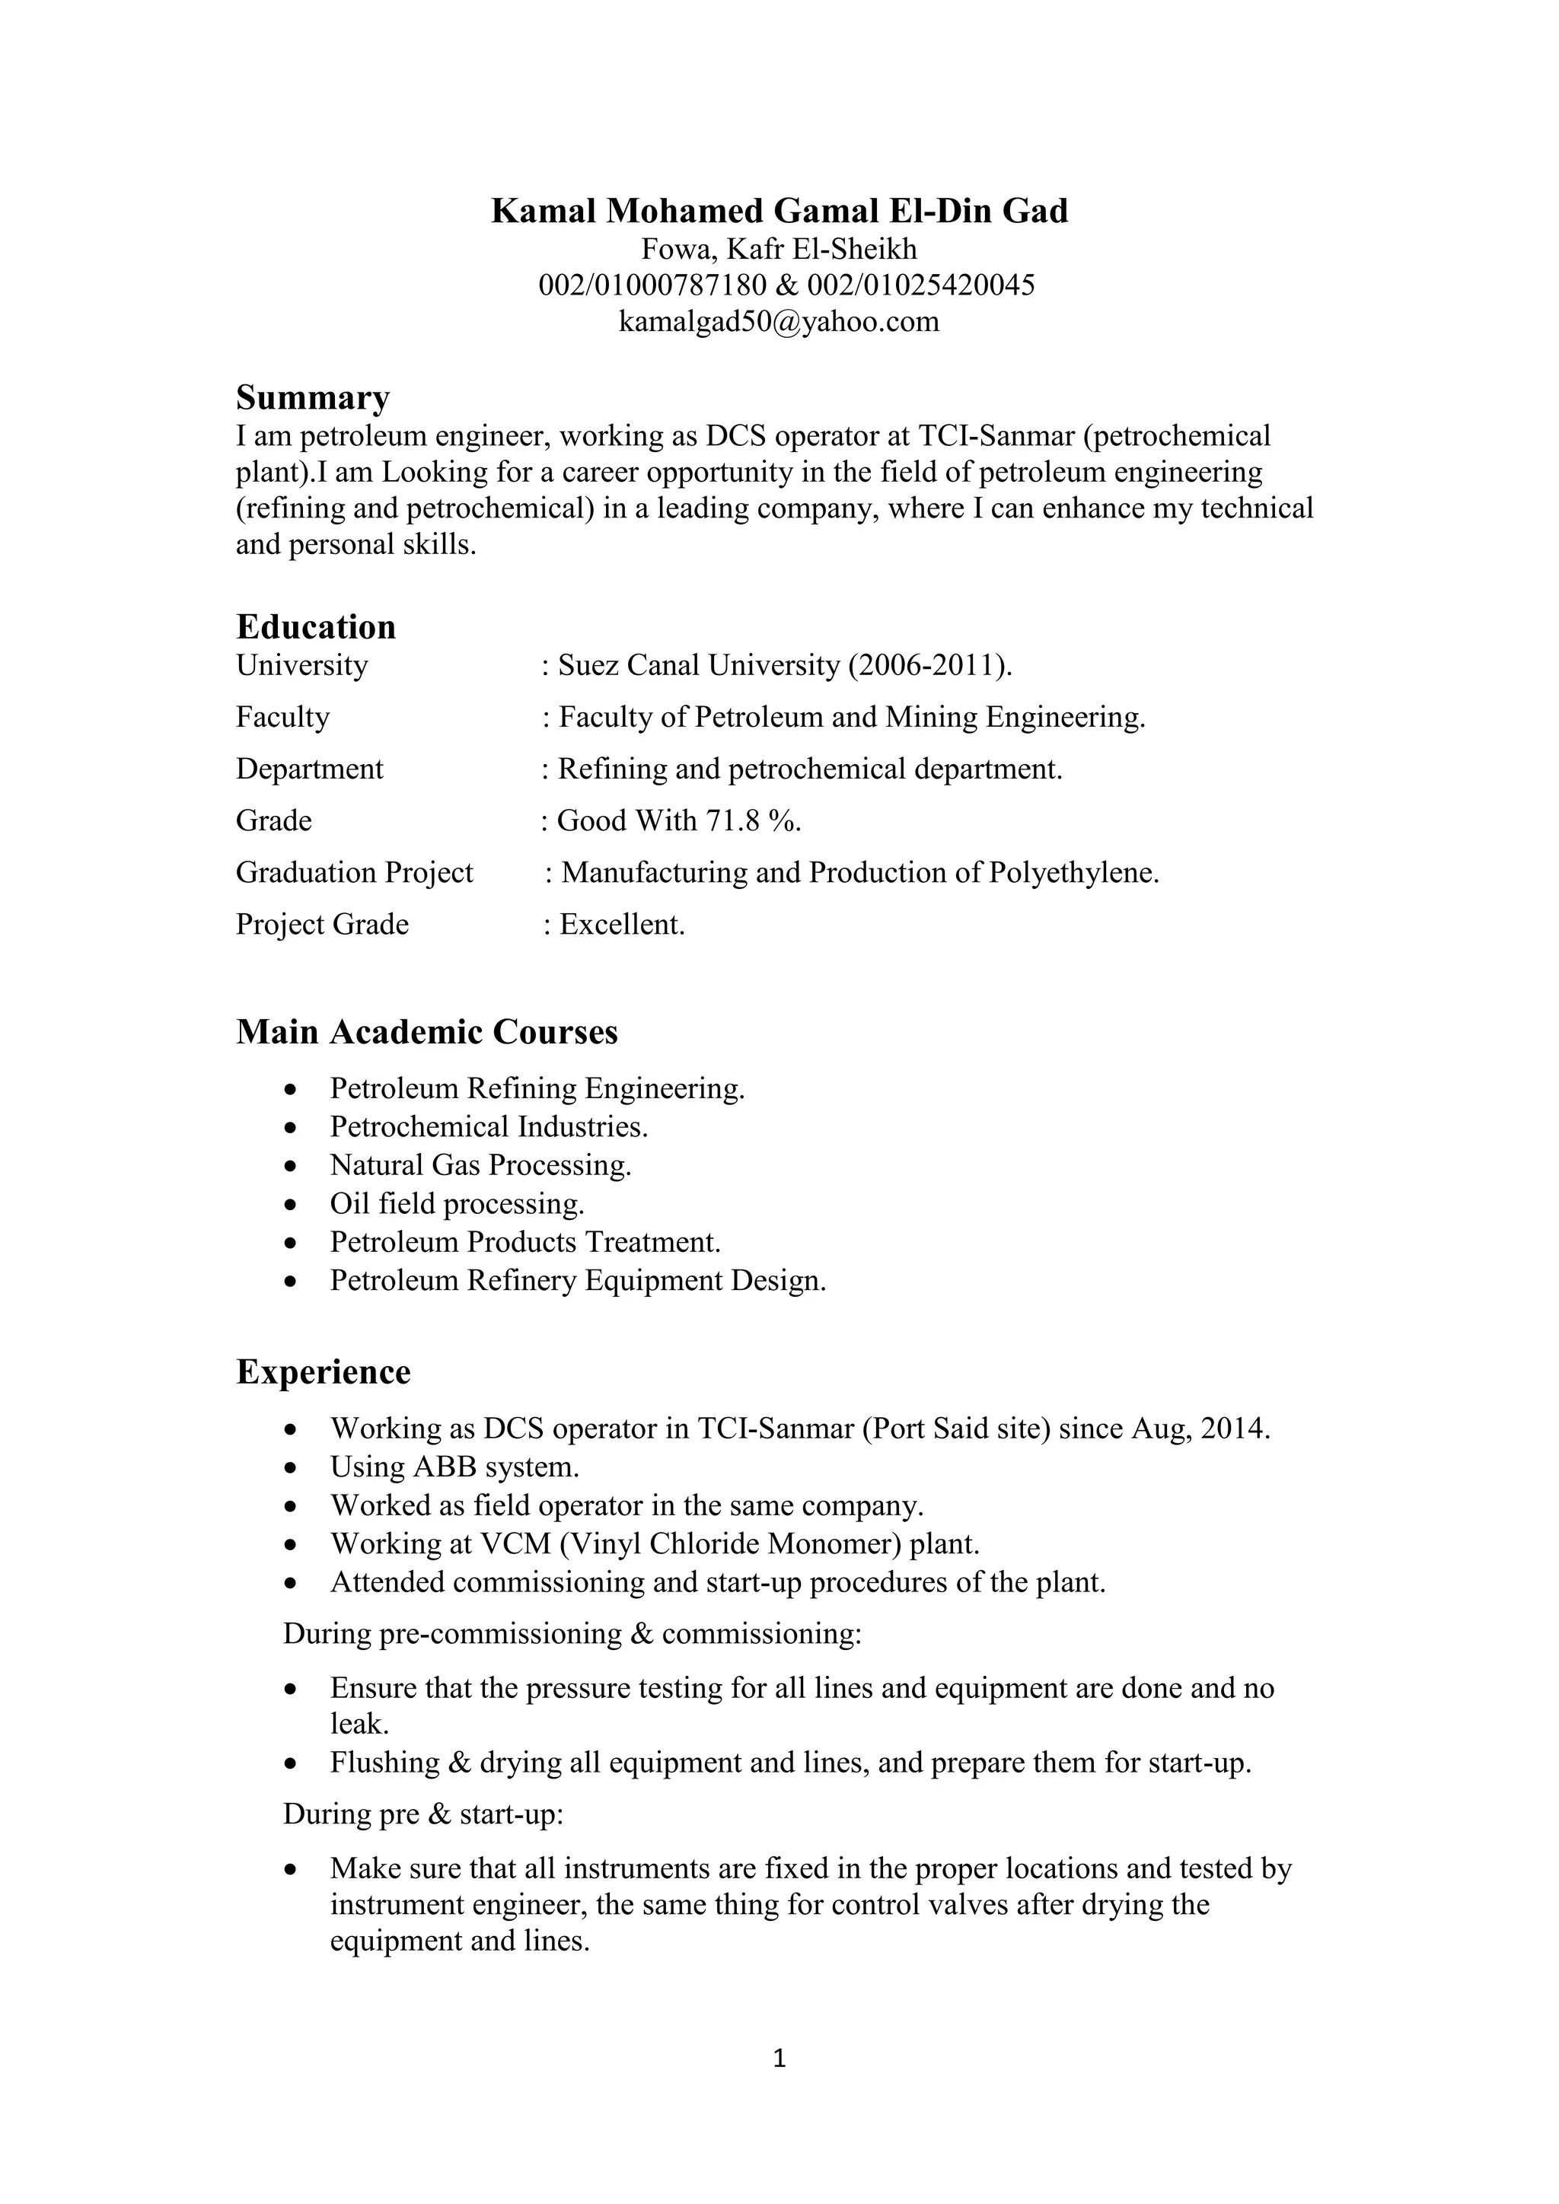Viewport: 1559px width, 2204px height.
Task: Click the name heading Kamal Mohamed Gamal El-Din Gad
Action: (779, 210)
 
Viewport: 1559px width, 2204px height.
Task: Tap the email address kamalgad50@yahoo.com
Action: (779, 322)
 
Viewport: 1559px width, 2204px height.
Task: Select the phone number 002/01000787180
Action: (653, 285)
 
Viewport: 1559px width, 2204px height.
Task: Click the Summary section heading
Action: (313, 397)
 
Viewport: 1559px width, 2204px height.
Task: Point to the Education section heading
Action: (316, 627)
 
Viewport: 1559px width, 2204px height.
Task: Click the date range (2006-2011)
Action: (929, 665)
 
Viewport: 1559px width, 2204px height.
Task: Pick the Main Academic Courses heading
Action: (427, 1032)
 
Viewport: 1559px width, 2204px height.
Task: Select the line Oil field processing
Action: (457, 1204)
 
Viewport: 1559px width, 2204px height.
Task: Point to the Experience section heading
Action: (324, 1371)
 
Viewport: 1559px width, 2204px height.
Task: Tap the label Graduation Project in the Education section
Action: (354, 873)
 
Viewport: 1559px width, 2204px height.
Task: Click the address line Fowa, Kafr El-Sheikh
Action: (779, 250)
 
